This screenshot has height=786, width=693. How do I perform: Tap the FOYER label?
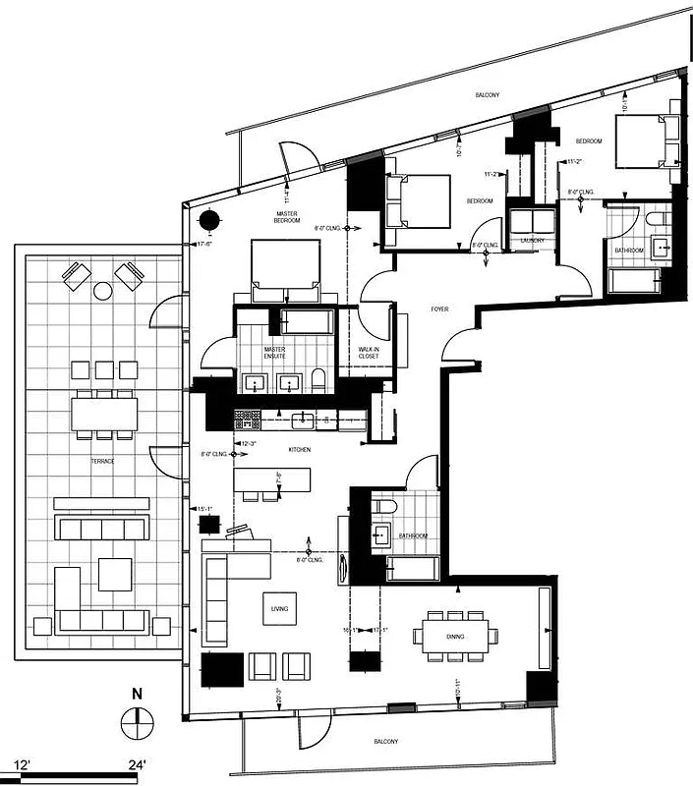439,309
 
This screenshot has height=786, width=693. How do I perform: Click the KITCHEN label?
300,449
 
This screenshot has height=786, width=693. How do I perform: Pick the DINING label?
454,637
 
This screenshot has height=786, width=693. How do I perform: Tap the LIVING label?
280,609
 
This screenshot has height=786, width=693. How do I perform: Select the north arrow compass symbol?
137,726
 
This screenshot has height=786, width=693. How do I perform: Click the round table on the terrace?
102,291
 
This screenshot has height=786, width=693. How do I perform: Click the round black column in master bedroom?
209,221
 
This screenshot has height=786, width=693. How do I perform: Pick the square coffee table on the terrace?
114,574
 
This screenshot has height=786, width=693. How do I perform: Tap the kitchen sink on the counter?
304,421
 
